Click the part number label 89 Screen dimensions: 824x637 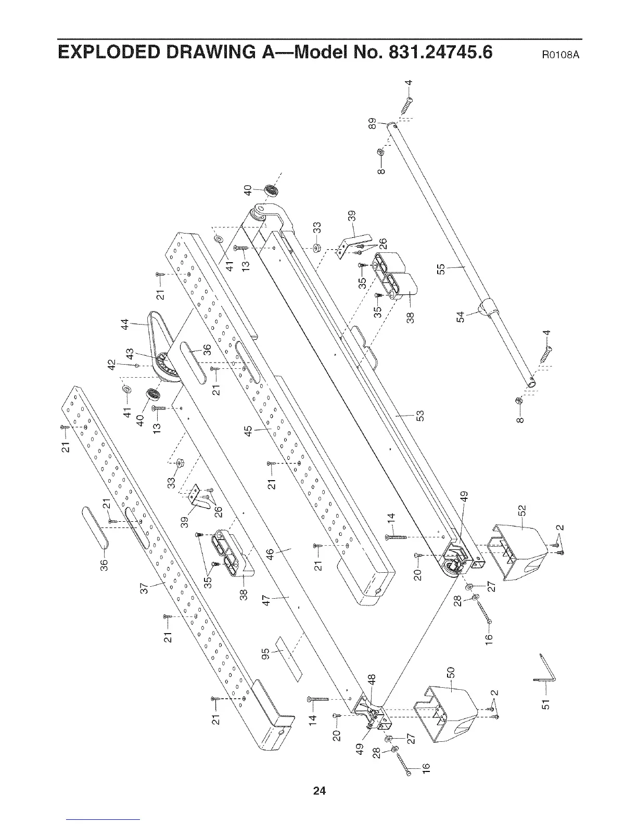click(371, 125)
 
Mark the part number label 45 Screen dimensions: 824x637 click(248, 431)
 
